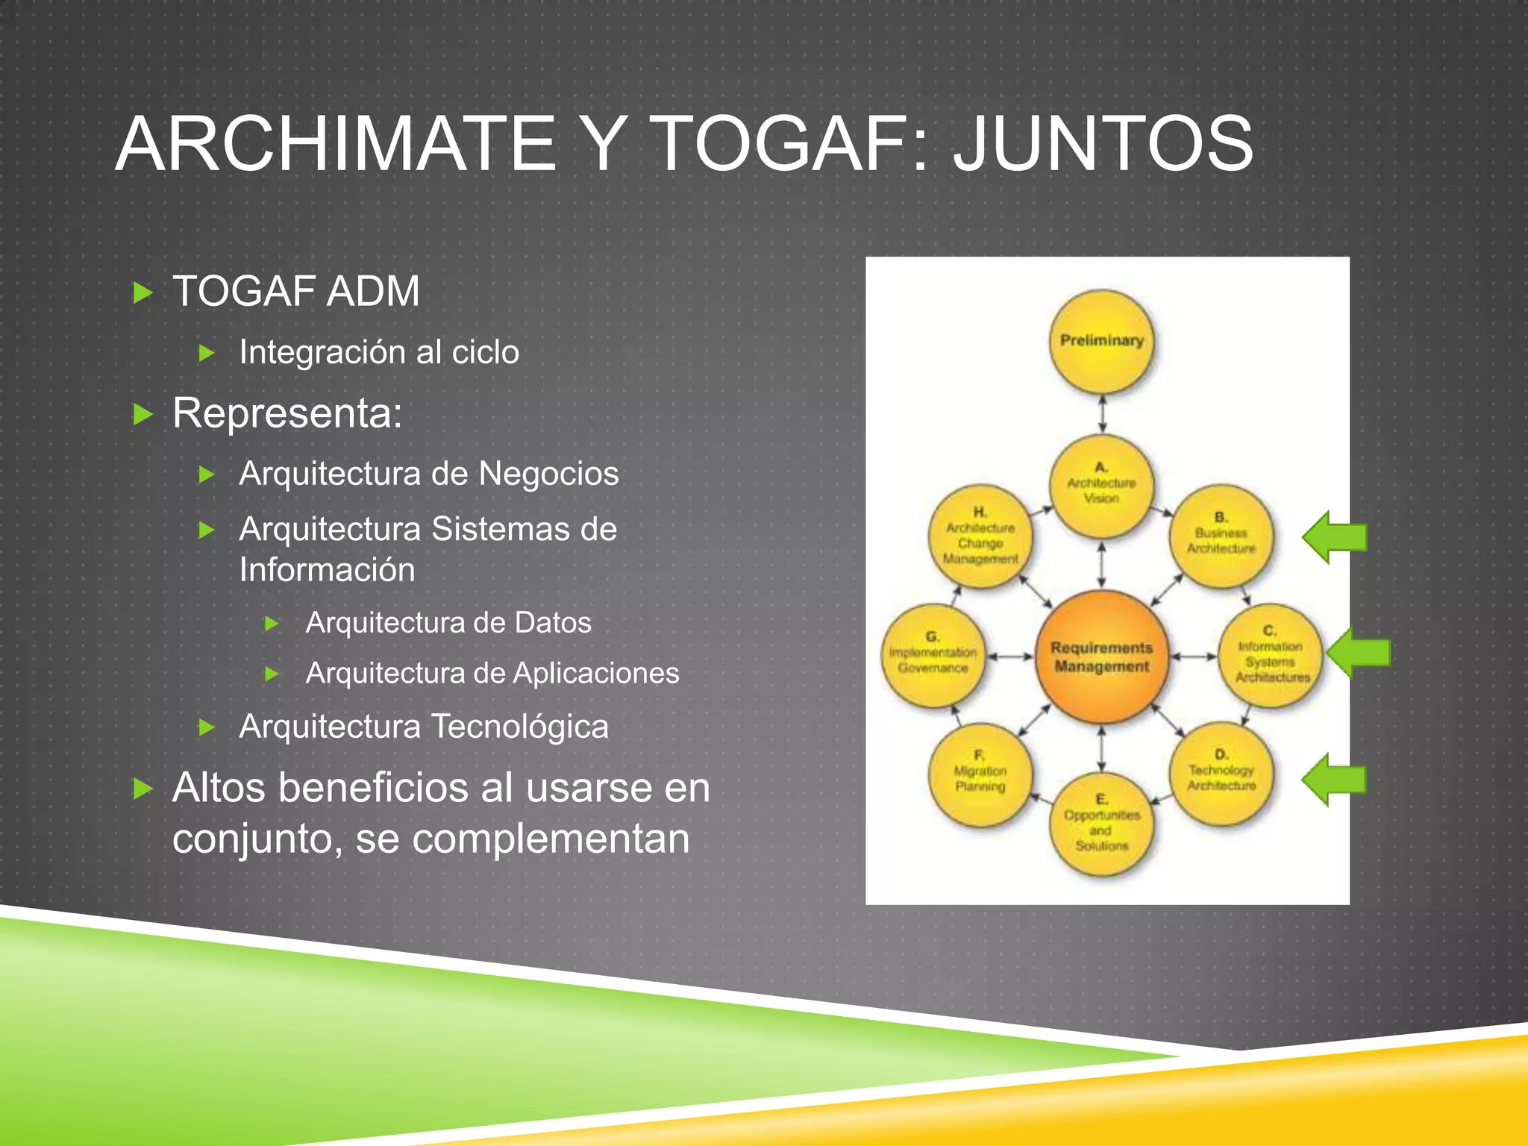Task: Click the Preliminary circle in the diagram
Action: (1101, 342)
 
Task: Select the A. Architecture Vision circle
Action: (1101, 485)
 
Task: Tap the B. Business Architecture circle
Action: (1221, 535)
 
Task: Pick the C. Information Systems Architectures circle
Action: (1270, 655)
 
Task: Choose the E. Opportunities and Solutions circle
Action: (1101, 824)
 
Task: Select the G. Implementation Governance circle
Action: (933, 655)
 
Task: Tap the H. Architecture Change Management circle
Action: (980, 535)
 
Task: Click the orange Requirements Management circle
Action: (1101, 657)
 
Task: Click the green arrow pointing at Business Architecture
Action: (1335, 537)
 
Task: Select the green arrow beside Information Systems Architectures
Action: (1359, 653)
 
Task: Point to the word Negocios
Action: (548, 474)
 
